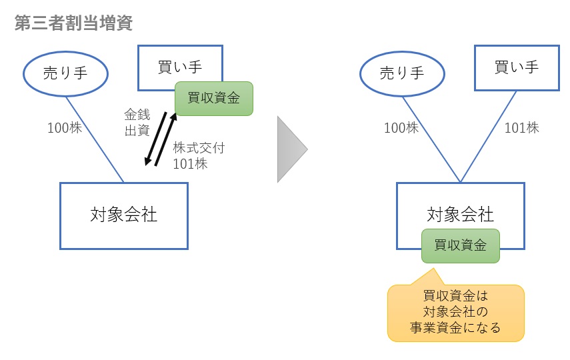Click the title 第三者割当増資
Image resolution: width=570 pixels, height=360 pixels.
(x=73, y=24)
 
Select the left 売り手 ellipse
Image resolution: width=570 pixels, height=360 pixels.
(x=65, y=73)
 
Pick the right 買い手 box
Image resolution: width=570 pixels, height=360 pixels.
(x=517, y=67)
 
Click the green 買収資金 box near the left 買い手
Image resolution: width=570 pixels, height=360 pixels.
(x=214, y=98)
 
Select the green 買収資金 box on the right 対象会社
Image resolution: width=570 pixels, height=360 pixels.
(x=461, y=245)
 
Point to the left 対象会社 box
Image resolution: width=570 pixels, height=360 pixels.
(x=124, y=215)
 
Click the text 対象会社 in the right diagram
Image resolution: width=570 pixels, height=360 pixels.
(x=461, y=214)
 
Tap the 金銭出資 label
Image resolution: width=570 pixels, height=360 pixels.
(x=137, y=123)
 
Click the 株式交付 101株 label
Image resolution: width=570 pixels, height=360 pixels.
(x=198, y=155)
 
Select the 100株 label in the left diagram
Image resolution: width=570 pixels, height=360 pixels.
(x=64, y=127)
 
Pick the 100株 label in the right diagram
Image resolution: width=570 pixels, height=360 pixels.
(x=401, y=127)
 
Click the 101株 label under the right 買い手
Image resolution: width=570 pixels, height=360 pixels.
(x=521, y=127)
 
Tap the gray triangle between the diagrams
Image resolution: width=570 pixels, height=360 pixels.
(x=290, y=149)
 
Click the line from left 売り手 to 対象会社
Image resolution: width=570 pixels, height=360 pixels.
(x=95, y=138)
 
